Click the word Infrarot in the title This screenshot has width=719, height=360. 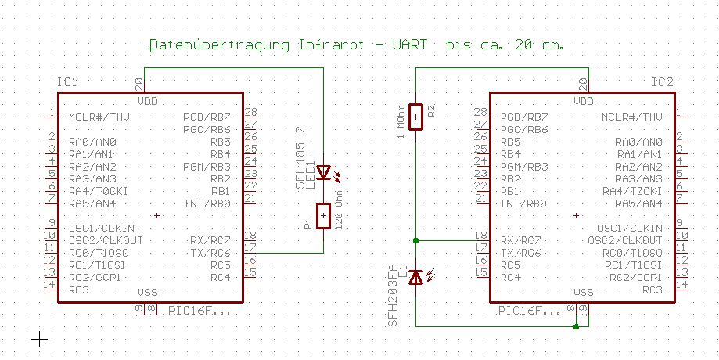(332, 45)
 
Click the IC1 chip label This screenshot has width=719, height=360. (67, 82)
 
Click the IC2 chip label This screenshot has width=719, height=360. (662, 82)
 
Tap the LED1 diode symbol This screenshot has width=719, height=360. (323, 172)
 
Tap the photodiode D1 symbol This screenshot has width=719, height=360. (415, 276)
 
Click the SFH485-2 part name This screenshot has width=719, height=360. (299, 156)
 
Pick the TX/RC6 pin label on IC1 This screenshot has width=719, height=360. (210, 252)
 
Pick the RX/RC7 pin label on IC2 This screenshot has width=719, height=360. (520, 239)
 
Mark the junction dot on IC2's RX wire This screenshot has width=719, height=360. (415, 239)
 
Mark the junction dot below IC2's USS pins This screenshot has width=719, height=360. (576, 326)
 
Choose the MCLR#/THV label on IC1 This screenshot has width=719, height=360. (99, 117)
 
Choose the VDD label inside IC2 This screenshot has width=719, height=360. (584, 101)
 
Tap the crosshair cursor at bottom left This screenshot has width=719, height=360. (38, 338)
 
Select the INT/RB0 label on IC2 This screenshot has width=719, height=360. (523, 203)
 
